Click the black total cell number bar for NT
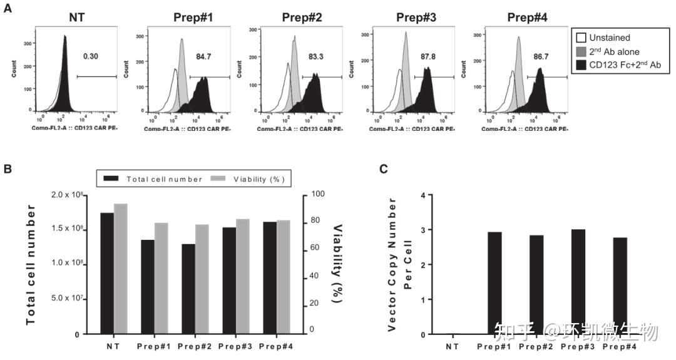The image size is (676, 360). (x=107, y=274)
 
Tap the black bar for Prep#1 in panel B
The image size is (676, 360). (x=147, y=287)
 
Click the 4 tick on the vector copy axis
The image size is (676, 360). (x=423, y=195)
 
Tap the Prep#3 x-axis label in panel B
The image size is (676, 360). (x=232, y=345)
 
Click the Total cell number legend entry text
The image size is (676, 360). (x=164, y=180)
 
